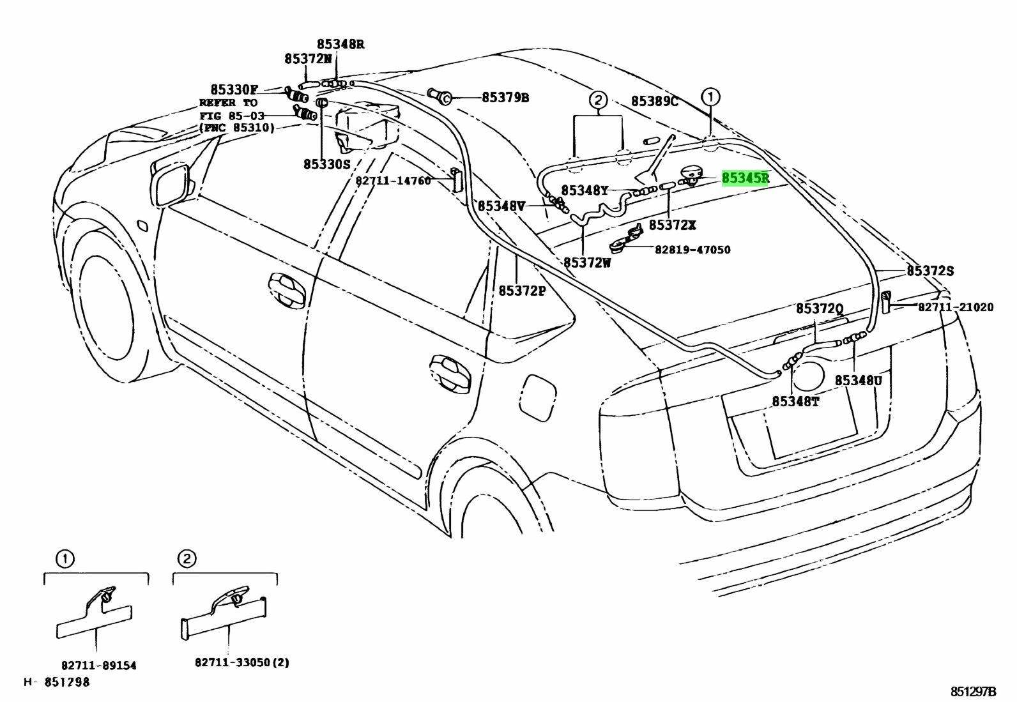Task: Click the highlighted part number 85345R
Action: tap(745, 178)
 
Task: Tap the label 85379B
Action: tap(505, 98)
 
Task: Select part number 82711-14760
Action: tap(393, 181)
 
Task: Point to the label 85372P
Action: tap(522, 291)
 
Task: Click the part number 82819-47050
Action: tap(692, 250)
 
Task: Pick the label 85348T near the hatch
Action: tap(795, 401)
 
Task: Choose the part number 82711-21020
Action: tap(956, 307)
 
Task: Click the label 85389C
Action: tap(654, 102)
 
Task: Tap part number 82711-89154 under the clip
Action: tap(99, 666)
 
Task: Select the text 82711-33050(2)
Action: tap(242, 662)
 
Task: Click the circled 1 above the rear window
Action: tap(710, 96)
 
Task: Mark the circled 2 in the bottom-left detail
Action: tap(187, 559)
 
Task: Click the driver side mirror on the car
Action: tap(171, 184)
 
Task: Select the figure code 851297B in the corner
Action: tap(973, 692)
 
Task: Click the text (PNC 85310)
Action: tap(237, 128)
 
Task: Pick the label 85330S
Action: tap(327, 164)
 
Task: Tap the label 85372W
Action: tap(587, 263)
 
